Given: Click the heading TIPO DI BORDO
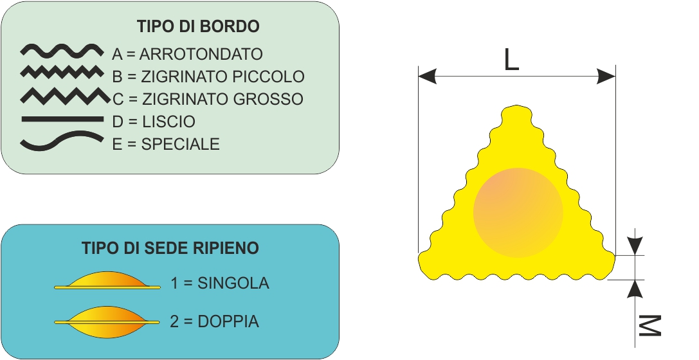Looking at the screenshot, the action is [x=198, y=26].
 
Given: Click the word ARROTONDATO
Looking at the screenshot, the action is [x=201, y=54].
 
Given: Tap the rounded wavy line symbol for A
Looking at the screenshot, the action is [x=62, y=51].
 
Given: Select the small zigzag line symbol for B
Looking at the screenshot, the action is [x=62, y=72].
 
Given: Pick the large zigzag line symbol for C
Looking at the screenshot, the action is [x=65, y=96].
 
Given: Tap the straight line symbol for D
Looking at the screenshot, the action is [x=62, y=119].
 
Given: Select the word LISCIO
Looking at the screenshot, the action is [x=168, y=122].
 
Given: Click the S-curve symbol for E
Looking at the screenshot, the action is [x=62, y=141].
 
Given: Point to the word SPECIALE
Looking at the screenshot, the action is [x=180, y=145].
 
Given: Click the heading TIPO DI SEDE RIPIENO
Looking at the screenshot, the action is [x=170, y=248].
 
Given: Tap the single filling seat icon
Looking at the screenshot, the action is [x=107, y=280].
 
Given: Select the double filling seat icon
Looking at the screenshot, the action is [x=107, y=321].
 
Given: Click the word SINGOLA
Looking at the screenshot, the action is [x=233, y=283].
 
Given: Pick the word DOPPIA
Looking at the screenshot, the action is [x=228, y=321].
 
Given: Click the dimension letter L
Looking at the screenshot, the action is [x=511, y=60].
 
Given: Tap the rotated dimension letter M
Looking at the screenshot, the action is [x=649, y=326].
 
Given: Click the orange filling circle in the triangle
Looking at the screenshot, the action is [x=518, y=213].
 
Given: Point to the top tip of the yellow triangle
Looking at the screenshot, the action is [x=516, y=106].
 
